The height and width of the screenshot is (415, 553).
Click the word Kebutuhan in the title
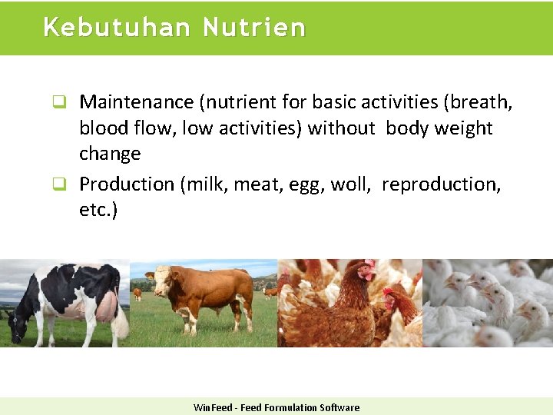(117, 28)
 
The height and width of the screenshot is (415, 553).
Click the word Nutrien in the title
(254, 28)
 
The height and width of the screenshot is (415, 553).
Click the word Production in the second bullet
(127, 184)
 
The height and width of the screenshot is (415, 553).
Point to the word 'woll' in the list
(352, 184)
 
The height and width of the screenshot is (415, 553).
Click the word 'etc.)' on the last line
(98, 210)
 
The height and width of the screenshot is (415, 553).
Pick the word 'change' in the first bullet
(110, 154)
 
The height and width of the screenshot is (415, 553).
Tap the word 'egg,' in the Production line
(307, 184)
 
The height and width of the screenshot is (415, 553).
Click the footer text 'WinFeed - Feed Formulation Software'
(276, 407)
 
